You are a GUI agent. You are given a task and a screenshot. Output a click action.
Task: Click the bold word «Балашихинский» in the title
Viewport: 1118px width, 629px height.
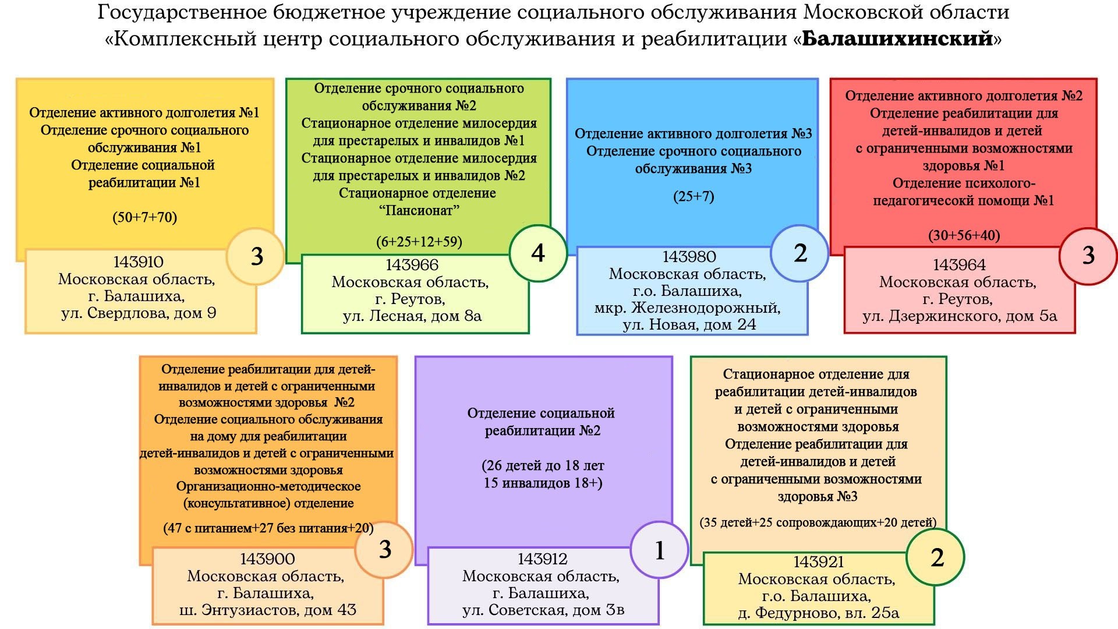pyautogui.click(x=897, y=39)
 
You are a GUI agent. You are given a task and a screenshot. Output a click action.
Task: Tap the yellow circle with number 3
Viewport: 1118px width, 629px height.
pyautogui.click(x=256, y=256)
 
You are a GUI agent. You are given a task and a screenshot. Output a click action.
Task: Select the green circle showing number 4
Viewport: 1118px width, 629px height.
pyautogui.click(x=538, y=253)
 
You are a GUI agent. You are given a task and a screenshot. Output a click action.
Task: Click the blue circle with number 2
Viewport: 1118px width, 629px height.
pyautogui.click(x=799, y=253)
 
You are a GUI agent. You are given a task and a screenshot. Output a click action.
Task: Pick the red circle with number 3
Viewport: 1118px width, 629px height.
pyautogui.click(x=1088, y=256)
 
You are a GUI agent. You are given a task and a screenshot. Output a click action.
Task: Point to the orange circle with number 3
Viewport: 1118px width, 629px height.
pyautogui.click(x=384, y=549)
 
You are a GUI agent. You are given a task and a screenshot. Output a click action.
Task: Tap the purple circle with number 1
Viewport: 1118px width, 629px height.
pyautogui.click(x=659, y=550)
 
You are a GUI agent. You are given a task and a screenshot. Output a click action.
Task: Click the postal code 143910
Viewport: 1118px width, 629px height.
pyautogui.click(x=138, y=262)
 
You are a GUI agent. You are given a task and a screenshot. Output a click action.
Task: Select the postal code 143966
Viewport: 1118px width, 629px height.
pyautogui.click(x=412, y=265)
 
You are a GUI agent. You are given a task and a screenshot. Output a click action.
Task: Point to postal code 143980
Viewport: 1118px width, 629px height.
pyautogui.click(x=689, y=257)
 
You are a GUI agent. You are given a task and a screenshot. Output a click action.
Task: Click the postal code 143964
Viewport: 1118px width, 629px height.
pyautogui.click(x=959, y=265)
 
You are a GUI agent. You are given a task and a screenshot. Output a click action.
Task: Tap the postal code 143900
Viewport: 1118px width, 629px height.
pyautogui.click(x=267, y=559)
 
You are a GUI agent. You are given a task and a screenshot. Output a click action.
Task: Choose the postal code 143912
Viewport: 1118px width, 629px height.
pyautogui.click(x=542, y=559)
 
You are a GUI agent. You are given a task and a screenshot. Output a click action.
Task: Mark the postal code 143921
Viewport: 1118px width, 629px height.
pyautogui.click(x=818, y=562)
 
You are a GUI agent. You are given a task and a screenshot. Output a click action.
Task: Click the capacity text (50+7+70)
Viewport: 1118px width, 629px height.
pyautogui.click(x=144, y=217)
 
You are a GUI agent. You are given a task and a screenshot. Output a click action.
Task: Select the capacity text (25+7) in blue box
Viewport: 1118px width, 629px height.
pyautogui.click(x=693, y=196)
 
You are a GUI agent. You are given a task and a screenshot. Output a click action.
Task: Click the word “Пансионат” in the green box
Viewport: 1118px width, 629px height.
pyautogui.click(x=419, y=210)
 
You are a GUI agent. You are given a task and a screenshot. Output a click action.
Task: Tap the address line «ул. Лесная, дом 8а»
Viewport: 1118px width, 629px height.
pyautogui.click(x=412, y=316)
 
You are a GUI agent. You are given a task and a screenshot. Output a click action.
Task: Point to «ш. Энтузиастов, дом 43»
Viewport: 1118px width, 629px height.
pyautogui.click(x=268, y=610)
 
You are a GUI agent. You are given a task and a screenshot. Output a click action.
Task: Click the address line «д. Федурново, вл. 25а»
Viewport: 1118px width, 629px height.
pyautogui.click(x=818, y=613)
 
